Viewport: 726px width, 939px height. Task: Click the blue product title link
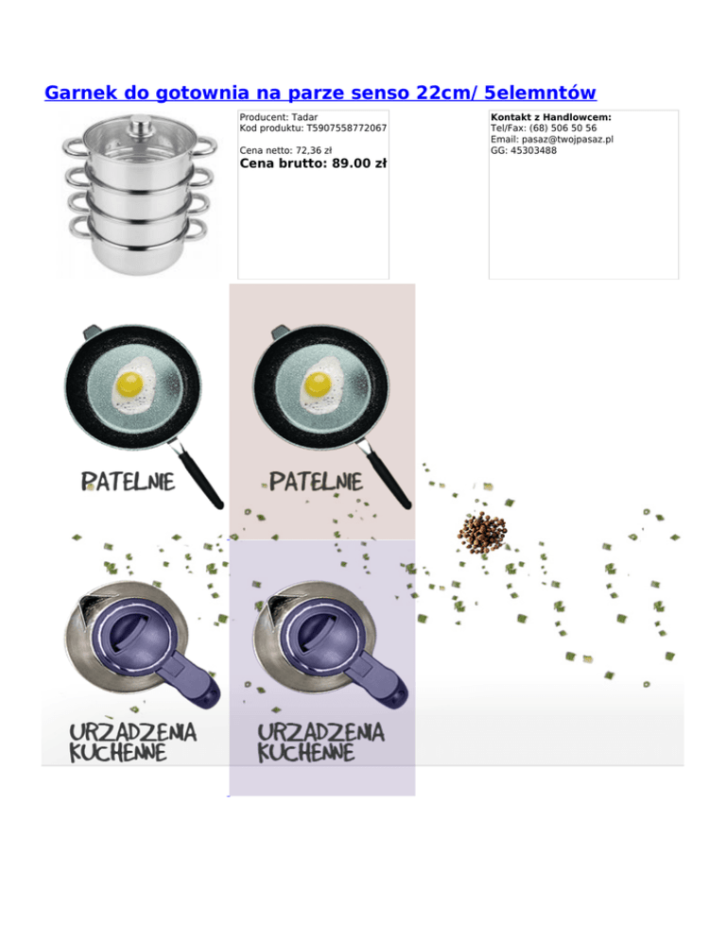320,93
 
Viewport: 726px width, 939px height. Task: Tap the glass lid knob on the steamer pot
142,125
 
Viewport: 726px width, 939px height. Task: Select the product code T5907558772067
347,128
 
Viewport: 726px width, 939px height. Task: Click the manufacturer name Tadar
304,117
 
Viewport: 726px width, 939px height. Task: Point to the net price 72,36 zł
314,150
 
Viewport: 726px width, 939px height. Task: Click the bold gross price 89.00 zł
359,162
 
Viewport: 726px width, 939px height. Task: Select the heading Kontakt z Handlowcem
551,117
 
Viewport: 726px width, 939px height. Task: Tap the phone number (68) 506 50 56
563,128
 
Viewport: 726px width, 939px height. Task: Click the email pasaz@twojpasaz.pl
567,139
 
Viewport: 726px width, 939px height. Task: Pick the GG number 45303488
533,150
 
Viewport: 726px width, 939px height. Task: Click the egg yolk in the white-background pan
130,384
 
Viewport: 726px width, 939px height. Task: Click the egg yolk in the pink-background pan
318,384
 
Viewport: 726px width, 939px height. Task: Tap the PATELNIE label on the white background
128,482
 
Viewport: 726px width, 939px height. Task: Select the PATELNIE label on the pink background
316,482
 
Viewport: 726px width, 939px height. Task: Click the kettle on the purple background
330,645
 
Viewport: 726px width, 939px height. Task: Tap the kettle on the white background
142,645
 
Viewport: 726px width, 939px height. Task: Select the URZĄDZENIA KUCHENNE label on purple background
320,743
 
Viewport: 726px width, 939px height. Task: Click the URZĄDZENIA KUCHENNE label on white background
132,743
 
